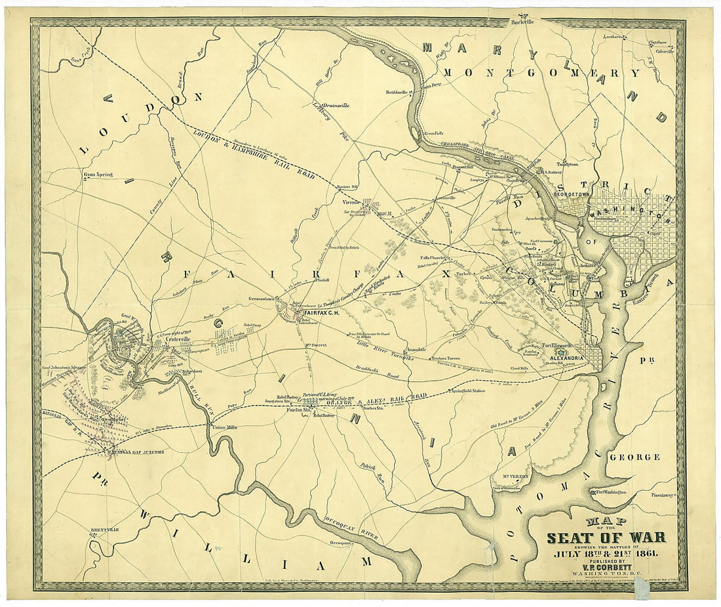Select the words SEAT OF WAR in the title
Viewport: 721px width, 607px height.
(606, 537)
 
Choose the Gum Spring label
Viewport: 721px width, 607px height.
(98, 175)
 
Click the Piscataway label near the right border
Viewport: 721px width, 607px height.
(662, 495)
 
